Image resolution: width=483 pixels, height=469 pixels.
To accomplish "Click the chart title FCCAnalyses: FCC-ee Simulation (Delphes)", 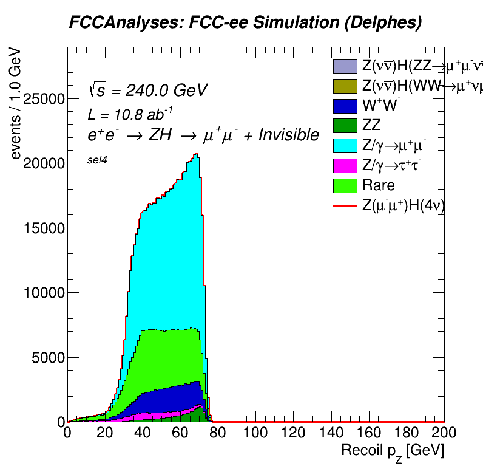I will [x=245, y=23].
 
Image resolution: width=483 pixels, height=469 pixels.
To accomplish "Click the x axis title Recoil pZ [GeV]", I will [x=393, y=451].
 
